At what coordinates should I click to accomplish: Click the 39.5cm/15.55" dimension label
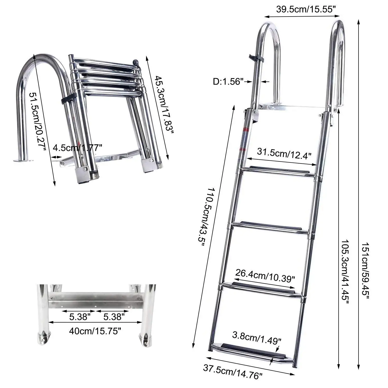pos(306,10)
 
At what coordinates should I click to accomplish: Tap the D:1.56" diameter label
pos(228,82)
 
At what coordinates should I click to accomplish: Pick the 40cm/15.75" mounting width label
pos(95,330)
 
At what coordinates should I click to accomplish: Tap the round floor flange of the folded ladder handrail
pos(24,161)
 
